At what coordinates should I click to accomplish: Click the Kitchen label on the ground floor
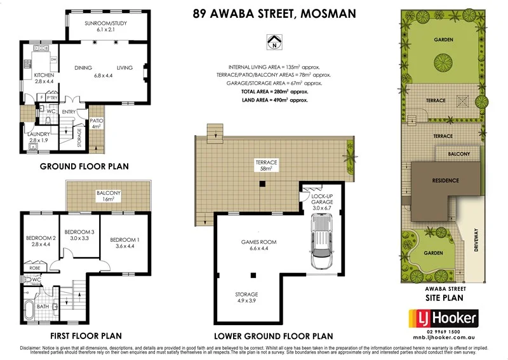(44, 78)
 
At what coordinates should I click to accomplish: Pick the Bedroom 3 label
(79, 235)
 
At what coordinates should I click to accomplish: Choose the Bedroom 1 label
(123, 243)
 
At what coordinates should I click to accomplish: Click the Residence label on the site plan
(445, 180)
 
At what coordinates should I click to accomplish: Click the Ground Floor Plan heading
(84, 167)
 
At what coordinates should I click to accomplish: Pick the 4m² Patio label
(97, 123)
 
